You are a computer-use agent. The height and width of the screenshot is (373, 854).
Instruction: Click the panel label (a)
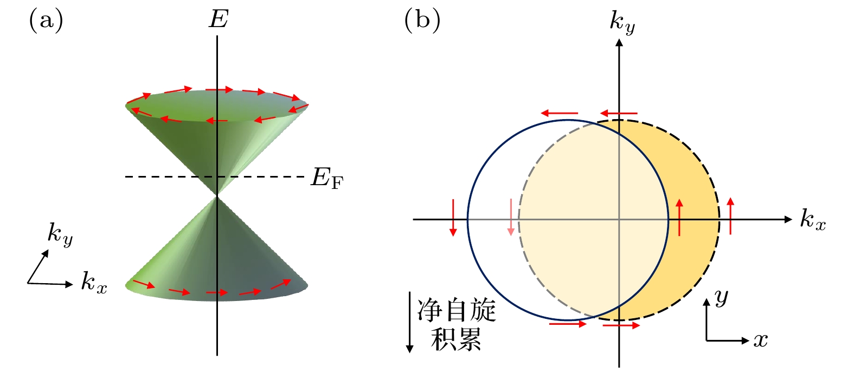[x=46, y=21]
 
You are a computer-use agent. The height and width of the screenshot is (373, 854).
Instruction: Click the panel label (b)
[x=422, y=21]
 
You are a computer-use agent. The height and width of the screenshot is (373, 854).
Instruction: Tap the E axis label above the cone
[x=219, y=20]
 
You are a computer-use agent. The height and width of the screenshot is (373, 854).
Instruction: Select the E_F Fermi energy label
[x=327, y=178]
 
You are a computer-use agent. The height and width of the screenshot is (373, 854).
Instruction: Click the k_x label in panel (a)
[x=94, y=283]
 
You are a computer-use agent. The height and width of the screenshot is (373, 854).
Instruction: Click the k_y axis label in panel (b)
[x=622, y=22]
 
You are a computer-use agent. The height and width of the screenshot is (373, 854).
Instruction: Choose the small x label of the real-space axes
[x=761, y=340]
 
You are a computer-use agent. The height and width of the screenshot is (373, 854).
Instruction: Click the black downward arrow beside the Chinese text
[x=410, y=323]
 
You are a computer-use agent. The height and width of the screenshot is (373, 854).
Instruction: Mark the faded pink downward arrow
[x=510, y=217]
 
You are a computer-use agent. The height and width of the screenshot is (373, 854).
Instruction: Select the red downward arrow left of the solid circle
[x=453, y=217]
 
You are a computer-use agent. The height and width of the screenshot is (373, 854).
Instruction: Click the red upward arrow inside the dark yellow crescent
[x=679, y=217]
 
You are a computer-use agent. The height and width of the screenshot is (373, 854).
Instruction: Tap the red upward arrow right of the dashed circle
[x=730, y=216]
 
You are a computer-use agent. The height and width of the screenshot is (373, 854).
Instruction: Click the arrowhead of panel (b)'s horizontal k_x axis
[x=788, y=219]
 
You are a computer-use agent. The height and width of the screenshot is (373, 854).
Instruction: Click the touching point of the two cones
[x=217, y=195]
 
